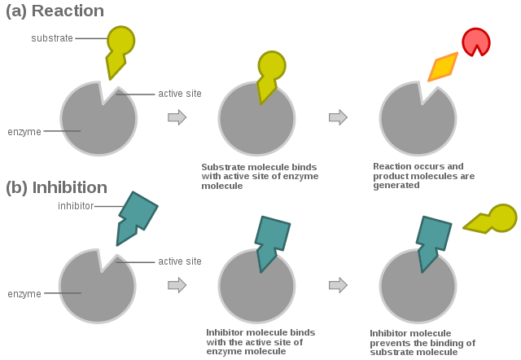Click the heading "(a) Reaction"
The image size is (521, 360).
pyautogui.click(x=55, y=11)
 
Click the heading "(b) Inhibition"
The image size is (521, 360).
pyautogui.click(x=56, y=187)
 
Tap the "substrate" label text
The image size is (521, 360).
pyautogui.click(x=51, y=38)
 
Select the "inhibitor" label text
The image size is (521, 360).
pyautogui.click(x=75, y=206)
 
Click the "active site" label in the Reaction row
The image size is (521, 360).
pyautogui.click(x=179, y=94)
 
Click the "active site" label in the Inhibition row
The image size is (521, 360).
pyautogui.click(x=179, y=261)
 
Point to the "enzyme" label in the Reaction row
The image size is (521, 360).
pyautogui.click(x=24, y=131)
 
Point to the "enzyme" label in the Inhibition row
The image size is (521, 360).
pyautogui.click(x=24, y=293)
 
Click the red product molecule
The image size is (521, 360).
pyautogui.click(x=476, y=42)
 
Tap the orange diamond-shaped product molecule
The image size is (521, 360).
pyautogui.click(x=443, y=67)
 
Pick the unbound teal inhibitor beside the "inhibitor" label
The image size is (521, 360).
pyautogui.click(x=134, y=216)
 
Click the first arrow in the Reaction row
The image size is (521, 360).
pyautogui.click(x=177, y=118)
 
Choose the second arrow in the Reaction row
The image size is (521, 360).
pyautogui.click(x=338, y=118)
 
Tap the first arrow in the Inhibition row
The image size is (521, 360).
pyautogui.click(x=177, y=285)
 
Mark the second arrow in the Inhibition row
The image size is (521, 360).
pyautogui.click(x=338, y=285)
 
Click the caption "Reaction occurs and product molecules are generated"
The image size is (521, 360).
pyautogui.click(x=423, y=176)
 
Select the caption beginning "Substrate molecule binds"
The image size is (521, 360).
pyautogui.click(x=260, y=176)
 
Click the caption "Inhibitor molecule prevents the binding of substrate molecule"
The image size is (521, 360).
pyautogui.click(x=422, y=342)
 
